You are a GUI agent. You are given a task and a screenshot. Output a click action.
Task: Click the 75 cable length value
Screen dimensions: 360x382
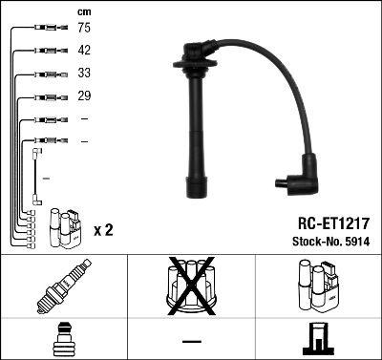(84, 30)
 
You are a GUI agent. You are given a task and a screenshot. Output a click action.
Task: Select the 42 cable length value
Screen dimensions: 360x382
(84, 52)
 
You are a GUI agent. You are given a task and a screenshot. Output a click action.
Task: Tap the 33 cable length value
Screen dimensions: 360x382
(84, 74)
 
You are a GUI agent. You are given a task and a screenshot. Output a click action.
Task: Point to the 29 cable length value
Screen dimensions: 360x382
(84, 96)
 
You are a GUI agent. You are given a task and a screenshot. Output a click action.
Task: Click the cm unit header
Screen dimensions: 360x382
(84, 11)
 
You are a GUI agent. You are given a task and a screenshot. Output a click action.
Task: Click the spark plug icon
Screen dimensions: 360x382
(63, 286)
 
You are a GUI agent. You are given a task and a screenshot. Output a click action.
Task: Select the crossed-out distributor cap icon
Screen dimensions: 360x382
(191, 286)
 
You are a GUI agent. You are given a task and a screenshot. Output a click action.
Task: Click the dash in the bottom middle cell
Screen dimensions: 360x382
(191, 340)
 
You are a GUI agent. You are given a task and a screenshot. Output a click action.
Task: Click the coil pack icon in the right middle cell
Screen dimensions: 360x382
(318, 286)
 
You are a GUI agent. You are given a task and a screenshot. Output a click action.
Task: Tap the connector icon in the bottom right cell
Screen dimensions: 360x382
(318, 339)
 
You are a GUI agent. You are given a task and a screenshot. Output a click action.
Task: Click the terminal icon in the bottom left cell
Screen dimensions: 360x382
(63, 339)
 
